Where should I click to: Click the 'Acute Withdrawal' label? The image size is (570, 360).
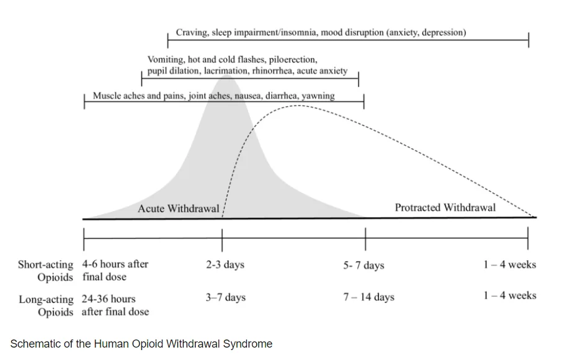point(178,209)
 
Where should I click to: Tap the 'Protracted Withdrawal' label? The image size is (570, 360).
point(445,208)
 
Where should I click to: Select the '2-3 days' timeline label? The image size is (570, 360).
point(225,264)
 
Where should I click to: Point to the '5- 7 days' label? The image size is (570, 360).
point(363,265)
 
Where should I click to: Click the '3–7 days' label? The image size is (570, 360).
point(225,297)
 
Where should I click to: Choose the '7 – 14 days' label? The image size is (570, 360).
point(368,297)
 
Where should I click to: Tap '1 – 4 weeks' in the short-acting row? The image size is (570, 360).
point(510,264)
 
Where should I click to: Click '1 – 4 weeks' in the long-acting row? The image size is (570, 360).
point(510,295)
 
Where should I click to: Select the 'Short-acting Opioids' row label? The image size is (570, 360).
point(46,271)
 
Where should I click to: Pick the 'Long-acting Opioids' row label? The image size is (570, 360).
point(46,305)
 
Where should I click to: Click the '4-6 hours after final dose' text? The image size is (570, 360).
point(115,270)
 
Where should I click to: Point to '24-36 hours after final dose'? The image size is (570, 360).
point(115,305)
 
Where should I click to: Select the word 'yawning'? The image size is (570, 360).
point(318,96)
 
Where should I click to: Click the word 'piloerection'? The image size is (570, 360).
point(293,60)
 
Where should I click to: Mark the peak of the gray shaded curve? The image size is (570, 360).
point(226,75)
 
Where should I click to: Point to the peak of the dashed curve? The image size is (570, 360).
point(298,106)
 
